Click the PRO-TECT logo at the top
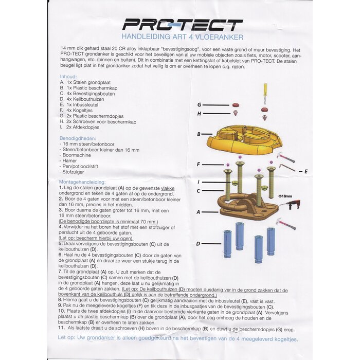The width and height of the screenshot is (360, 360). point(183,25)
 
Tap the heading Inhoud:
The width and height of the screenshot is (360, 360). point(68,77)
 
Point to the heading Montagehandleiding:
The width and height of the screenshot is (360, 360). point(82,182)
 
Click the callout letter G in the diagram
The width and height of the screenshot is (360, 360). point(199,105)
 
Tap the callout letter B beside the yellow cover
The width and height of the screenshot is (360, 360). point(199,135)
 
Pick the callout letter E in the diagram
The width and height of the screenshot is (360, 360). point(306,171)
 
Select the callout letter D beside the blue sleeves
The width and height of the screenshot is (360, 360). point(198,243)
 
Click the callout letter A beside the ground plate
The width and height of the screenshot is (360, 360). point(198,211)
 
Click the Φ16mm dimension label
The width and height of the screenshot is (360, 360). point(285,195)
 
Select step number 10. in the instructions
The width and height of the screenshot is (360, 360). point(61,311)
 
